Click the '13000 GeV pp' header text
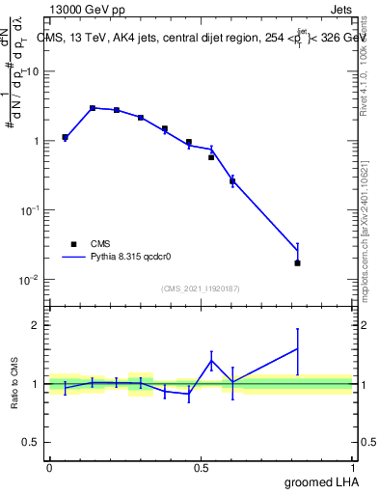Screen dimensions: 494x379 pos(88,9)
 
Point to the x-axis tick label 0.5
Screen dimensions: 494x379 pos(202,467)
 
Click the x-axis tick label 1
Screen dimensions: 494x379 pos(354,467)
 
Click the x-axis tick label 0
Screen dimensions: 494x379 pos(49,467)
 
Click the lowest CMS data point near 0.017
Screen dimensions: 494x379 pos(298,262)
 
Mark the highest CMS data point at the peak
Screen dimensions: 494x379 pos(93,108)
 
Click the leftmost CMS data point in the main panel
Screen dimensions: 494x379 pos(65,137)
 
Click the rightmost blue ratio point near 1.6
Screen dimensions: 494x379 pos(298,348)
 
